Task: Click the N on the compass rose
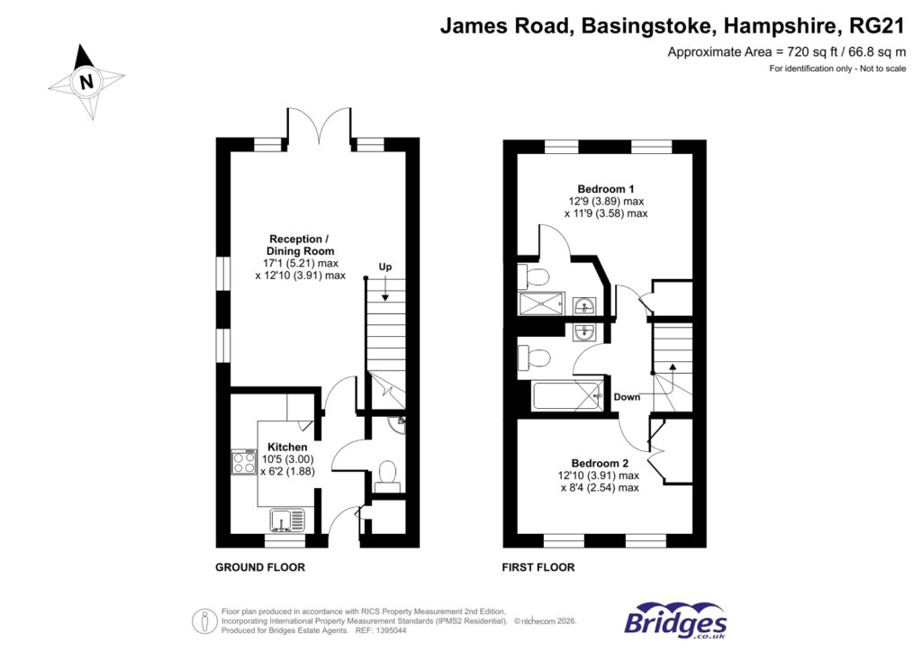pos(86,82)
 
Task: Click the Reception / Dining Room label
pos(300,245)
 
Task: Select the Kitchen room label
pos(286,447)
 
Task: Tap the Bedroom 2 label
pos(599,463)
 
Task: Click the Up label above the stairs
pos(385,267)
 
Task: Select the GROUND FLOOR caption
pos(259,567)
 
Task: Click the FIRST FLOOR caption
pos(538,567)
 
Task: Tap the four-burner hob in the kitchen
pos(244,462)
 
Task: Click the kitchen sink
pos(287,521)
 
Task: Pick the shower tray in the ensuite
pos(540,304)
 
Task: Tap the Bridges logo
pos(675,621)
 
